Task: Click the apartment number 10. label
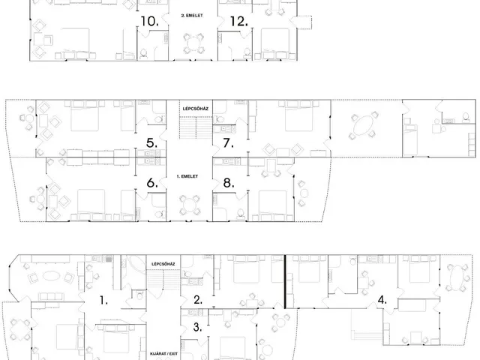[x=149, y=22]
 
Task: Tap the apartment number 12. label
[x=238, y=22]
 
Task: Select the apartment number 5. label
[x=151, y=143]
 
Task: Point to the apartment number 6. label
[x=152, y=183]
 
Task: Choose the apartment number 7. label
[x=228, y=143]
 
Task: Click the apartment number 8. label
[x=229, y=183]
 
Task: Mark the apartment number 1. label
[x=103, y=301]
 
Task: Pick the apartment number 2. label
[x=198, y=300]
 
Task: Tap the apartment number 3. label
[x=198, y=327]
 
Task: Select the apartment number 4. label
[x=382, y=300]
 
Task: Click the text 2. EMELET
[x=192, y=15]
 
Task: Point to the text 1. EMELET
[x=187, y=176]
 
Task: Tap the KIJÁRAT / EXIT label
[x=163, y=353]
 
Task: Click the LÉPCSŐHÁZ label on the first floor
[x=196, y=109]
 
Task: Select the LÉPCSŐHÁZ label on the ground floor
[x=163, y=264]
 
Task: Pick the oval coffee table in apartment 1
[x=51, y=276]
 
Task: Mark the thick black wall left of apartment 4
[x=285, y=282]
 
